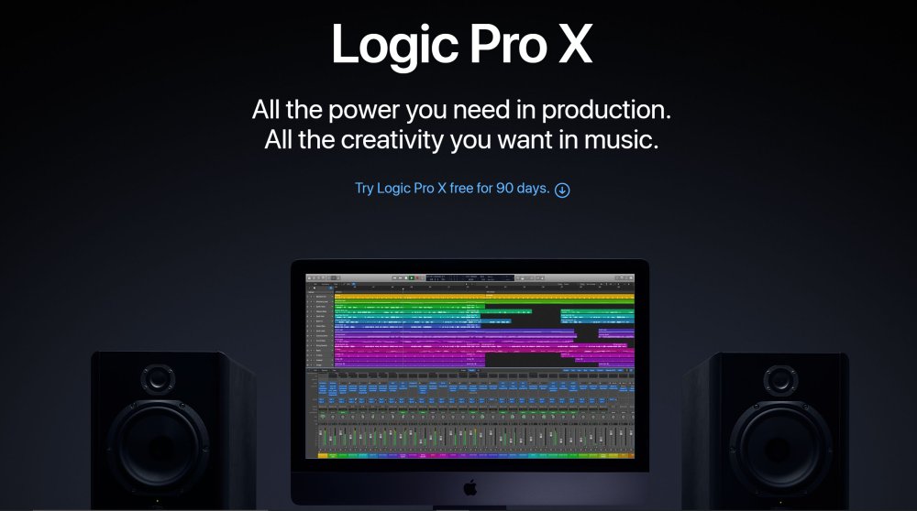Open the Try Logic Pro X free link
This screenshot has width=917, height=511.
452,189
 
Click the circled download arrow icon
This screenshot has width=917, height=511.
562,190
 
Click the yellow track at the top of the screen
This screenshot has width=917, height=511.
484,297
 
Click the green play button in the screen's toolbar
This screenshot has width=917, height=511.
412,277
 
